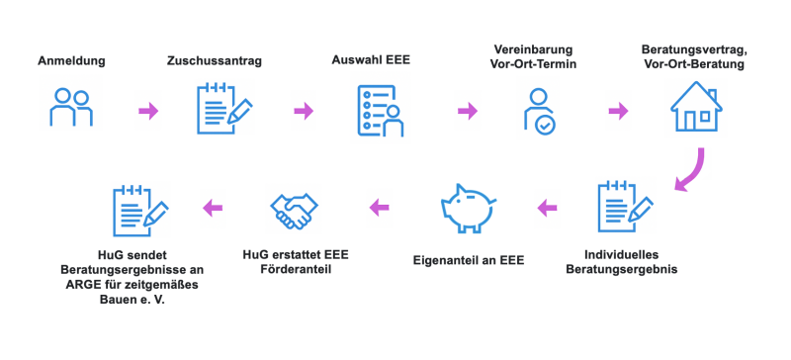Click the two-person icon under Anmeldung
pyautogui.click(x=71, y=108)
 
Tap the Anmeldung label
pyautogui.click(x=71, y=61)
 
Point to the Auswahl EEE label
pyautogui.click(x=371, y=61)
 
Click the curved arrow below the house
pyautogui.click(x=688, y=170)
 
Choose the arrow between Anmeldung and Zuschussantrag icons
pyautogui.click(x=147, y=110)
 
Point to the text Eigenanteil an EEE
pyautogui.click(x=467, y=261)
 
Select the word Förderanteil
pyautogui.click(x=297, y=268)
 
